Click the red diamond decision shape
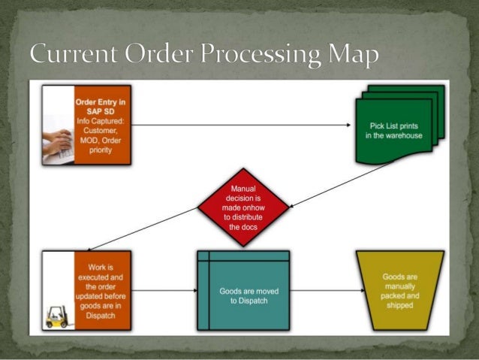[243, 205]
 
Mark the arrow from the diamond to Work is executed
[143, 229]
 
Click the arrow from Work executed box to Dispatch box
[164, 289]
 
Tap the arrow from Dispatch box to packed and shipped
[322, 289]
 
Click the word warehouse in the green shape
[406, 135]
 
